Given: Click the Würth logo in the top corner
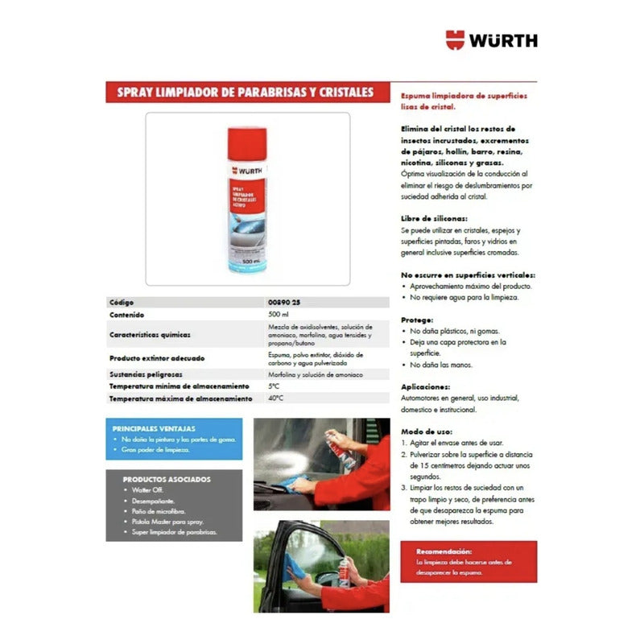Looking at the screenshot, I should (491, 39).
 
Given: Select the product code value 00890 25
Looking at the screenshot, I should (285, 302).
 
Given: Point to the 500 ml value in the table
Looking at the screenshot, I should (278, 315).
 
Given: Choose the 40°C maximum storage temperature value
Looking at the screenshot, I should (278, 398).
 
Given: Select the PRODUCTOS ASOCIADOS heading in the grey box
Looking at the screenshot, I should (156, 478).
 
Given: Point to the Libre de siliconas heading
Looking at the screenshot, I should (433, 219).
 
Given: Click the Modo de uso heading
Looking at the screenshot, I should (427, 431).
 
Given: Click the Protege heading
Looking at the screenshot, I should (418, 319).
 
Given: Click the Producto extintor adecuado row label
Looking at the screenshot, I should (158, 357).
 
